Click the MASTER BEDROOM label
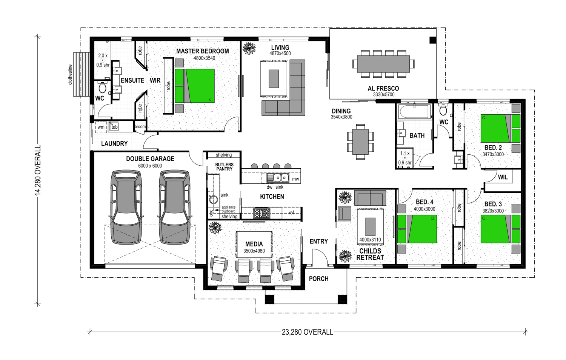[202, 51]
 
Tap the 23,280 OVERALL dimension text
[308, 332]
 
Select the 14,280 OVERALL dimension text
[38, 170]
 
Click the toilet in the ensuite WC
[102, 87]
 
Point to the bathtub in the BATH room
[414, 111]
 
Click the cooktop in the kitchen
[261, 213]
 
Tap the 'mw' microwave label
[295, 179]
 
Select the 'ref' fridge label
[291, 213]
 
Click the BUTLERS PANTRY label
[224, 167]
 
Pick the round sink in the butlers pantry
[214, 200]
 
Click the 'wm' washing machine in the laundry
[101, 127]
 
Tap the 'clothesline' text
[70, 74]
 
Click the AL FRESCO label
[383, 88]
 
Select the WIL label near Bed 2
[503, 177]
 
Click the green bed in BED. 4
[417, 229]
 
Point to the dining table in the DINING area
[360, 142]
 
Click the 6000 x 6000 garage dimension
[150, 166]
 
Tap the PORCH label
[318, 278]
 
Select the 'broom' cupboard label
[140, 126]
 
